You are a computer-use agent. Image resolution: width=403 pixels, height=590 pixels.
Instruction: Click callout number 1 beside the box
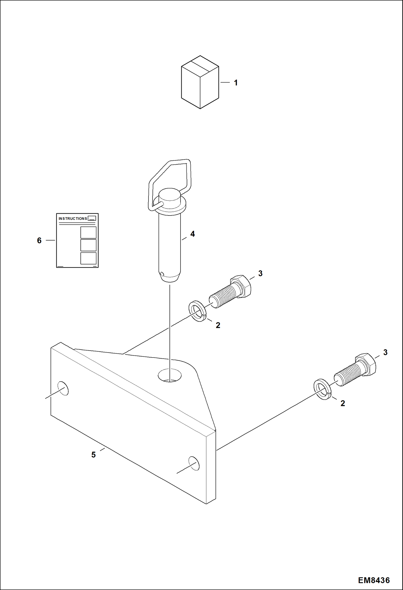(236, 83)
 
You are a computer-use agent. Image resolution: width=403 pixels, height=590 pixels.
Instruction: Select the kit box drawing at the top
(200, 82)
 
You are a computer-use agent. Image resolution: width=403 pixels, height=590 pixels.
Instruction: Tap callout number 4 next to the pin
(193, 234)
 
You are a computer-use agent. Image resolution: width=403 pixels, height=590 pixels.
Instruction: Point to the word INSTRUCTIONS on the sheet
(73, 218)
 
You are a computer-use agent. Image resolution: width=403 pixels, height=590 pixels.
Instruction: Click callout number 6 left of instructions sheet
(39, 240)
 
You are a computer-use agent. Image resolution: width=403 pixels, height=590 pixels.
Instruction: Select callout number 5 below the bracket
(93, 454)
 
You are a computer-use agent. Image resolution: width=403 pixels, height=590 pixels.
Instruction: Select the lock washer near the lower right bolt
(323, 389)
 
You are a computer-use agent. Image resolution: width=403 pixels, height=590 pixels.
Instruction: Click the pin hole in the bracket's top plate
(169, 375)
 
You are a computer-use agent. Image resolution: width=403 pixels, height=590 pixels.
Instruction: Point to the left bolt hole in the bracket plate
(63, 388)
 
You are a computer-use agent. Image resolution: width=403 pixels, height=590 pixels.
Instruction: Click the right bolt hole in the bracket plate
(194, 463)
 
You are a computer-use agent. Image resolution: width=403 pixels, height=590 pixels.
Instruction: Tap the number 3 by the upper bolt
(260, 273)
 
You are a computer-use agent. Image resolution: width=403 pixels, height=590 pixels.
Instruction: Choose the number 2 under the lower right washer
(342, 403)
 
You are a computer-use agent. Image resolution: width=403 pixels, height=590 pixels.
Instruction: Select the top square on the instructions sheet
(88, 232)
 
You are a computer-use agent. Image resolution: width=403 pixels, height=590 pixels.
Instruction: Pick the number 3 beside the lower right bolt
(385, 352)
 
